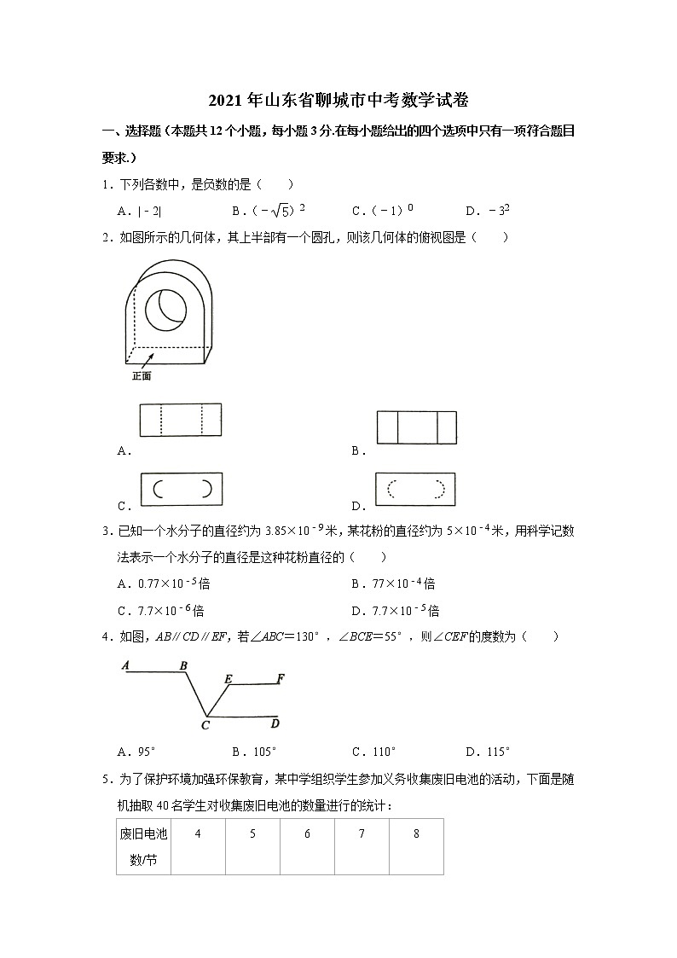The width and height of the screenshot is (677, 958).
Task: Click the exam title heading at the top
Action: click(x=338, y=101)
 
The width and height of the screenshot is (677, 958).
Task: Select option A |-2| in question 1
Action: click(x=142, y=211)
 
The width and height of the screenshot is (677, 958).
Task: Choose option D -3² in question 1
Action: click(x=488, y=211)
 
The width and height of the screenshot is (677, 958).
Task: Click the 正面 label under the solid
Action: click(x=141, y=375)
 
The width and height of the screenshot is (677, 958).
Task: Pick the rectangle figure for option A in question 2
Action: click(x=180, y=420)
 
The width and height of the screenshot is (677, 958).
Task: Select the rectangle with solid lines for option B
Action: click(x=417, y=427)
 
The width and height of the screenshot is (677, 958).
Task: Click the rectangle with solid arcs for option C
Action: click(x=181, y=489)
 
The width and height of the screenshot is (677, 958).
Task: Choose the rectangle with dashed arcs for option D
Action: click(x=416, y=490)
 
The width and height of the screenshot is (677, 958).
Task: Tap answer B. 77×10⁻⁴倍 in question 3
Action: click(x=393, y=584)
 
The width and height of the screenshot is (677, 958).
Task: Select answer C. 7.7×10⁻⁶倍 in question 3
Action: click(x=161, y=610)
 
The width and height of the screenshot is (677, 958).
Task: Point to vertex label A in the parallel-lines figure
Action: click(x=124, y=665)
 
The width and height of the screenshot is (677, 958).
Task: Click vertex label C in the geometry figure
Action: click(x=205, y=725)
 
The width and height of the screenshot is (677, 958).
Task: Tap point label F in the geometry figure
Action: click(x=281, y=678)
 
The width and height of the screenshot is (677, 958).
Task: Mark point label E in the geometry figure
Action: click(x=228, y=678)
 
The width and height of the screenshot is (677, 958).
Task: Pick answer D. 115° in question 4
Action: click(x=488, y=752)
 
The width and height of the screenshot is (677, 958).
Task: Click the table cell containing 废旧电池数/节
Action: click(x=143, y=846)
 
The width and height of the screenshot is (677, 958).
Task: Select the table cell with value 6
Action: click(x=307, y=834)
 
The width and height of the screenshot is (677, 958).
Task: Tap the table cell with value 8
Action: click(x=416, y=834)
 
